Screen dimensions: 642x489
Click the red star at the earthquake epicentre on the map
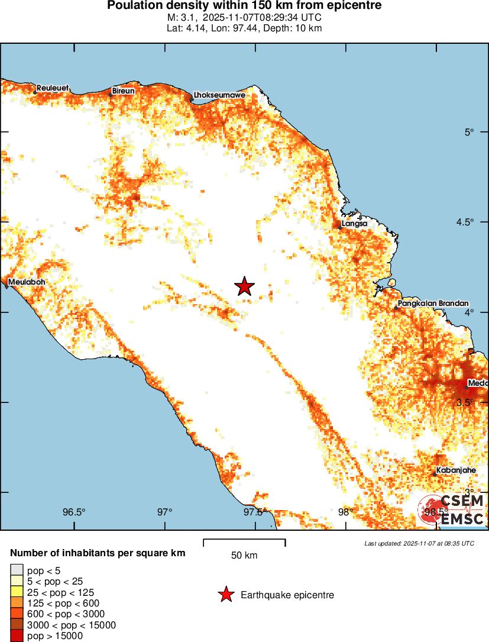pos(244,286)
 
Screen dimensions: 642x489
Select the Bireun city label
pos(124,91)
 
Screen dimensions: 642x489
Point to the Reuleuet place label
pos(53,88)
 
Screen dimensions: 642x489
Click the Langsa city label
pos(355,224)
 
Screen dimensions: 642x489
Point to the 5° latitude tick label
pos(470,132)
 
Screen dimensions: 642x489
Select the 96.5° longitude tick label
pos(75,512)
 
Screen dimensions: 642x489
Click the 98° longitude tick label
pos(345,512)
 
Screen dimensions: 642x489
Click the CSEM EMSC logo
pos(453,511)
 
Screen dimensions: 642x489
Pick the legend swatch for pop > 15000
pos(17,636)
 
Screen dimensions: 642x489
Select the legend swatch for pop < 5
pos(17,570)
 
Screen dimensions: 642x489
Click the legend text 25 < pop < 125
pos(61,592)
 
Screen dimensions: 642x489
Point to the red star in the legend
pos(225,595)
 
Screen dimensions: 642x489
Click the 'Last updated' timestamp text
pos(419,543)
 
